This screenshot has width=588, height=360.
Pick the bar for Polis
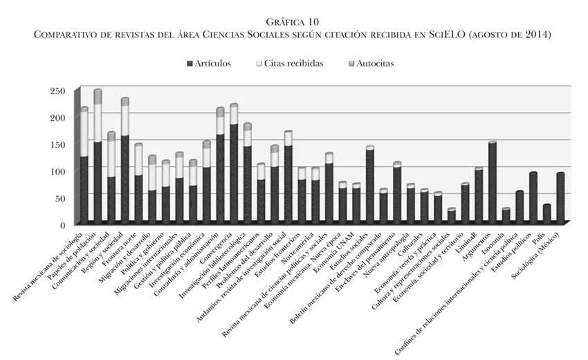[x=546, y=214]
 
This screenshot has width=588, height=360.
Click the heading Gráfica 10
[x=293, y=22]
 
